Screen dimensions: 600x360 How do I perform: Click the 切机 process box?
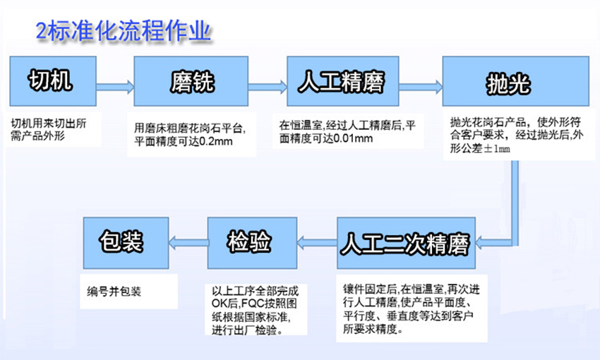(53, 81)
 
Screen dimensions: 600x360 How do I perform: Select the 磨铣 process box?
(191, 81)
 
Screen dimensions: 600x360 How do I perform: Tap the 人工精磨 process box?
(343, 81)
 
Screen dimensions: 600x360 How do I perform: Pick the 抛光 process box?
(515, 81)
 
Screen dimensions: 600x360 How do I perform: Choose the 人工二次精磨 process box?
(406, 243)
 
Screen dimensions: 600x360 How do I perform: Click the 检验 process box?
(252, 243)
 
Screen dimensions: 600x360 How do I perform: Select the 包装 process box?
(126, 243)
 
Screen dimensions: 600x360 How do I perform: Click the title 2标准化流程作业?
(124, 30)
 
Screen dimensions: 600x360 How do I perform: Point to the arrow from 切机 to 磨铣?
(115, 87)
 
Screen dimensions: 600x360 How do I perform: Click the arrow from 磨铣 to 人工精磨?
(268, 87)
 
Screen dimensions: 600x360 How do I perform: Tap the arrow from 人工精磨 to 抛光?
(421, 87)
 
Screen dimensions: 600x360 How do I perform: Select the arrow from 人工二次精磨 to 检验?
(317, 243)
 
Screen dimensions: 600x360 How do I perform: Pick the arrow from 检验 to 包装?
(188, 243)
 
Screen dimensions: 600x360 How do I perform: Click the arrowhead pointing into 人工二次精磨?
(480, 243)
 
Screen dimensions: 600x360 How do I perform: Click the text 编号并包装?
(114, 292)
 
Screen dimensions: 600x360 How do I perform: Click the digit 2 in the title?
(42, 31)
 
